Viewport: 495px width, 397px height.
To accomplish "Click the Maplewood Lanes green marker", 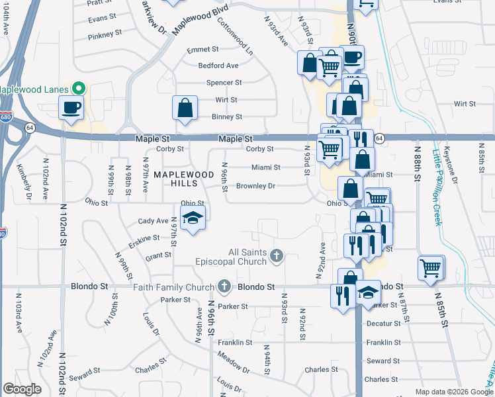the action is (x=79, y=88).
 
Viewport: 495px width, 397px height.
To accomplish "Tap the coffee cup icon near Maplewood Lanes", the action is (x=71, y=107).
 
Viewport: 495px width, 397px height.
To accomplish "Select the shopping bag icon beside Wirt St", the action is (x=185, y=108).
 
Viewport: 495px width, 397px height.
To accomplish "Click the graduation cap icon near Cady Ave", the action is (x=192, y=218).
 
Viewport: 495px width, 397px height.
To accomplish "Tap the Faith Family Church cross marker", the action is (x=224, y=287).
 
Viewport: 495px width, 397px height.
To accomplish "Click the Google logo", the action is (x=22, y=389).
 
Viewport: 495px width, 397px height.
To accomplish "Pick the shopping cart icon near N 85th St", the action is (x=431, y=268).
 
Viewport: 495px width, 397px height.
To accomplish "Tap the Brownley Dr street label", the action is (x=255, y=186).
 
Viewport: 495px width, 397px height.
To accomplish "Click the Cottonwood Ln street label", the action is (x=235, y=35).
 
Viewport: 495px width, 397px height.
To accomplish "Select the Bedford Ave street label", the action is (x=218, y=66).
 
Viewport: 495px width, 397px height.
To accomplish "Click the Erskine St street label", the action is (x=145, y=242).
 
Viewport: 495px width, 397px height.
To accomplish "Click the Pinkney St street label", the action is (x=105, y=32).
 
